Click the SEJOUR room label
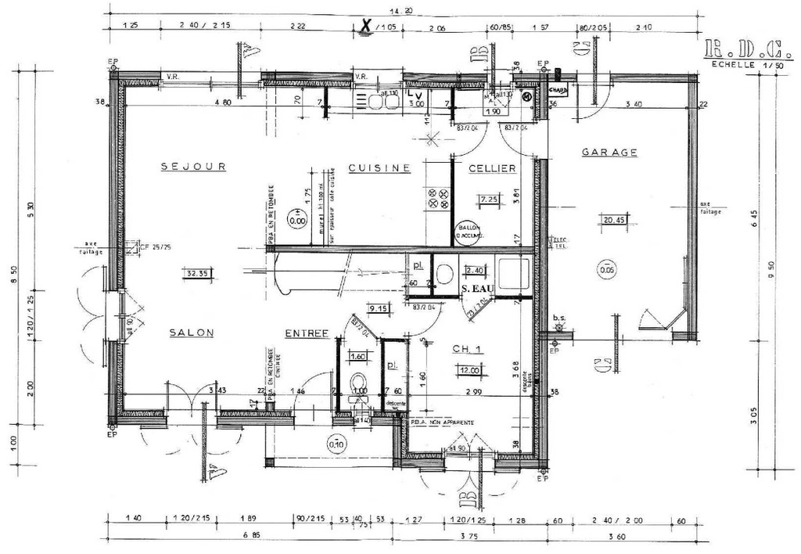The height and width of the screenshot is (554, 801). tap(193, 167)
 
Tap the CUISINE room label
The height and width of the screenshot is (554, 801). tap(379, 168)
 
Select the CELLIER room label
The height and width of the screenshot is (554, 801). tap(491, 168)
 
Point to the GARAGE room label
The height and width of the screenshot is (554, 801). tap(609, 153)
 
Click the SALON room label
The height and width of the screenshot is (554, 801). tap(192, 333)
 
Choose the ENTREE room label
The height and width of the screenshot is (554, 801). tap(306, 333)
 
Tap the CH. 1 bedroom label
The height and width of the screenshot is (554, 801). tap(468, 350)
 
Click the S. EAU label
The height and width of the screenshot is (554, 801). tap(476, 289)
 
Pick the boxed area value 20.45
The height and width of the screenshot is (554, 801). tap(614, 221)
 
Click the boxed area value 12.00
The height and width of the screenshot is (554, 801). tap(469, 370)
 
